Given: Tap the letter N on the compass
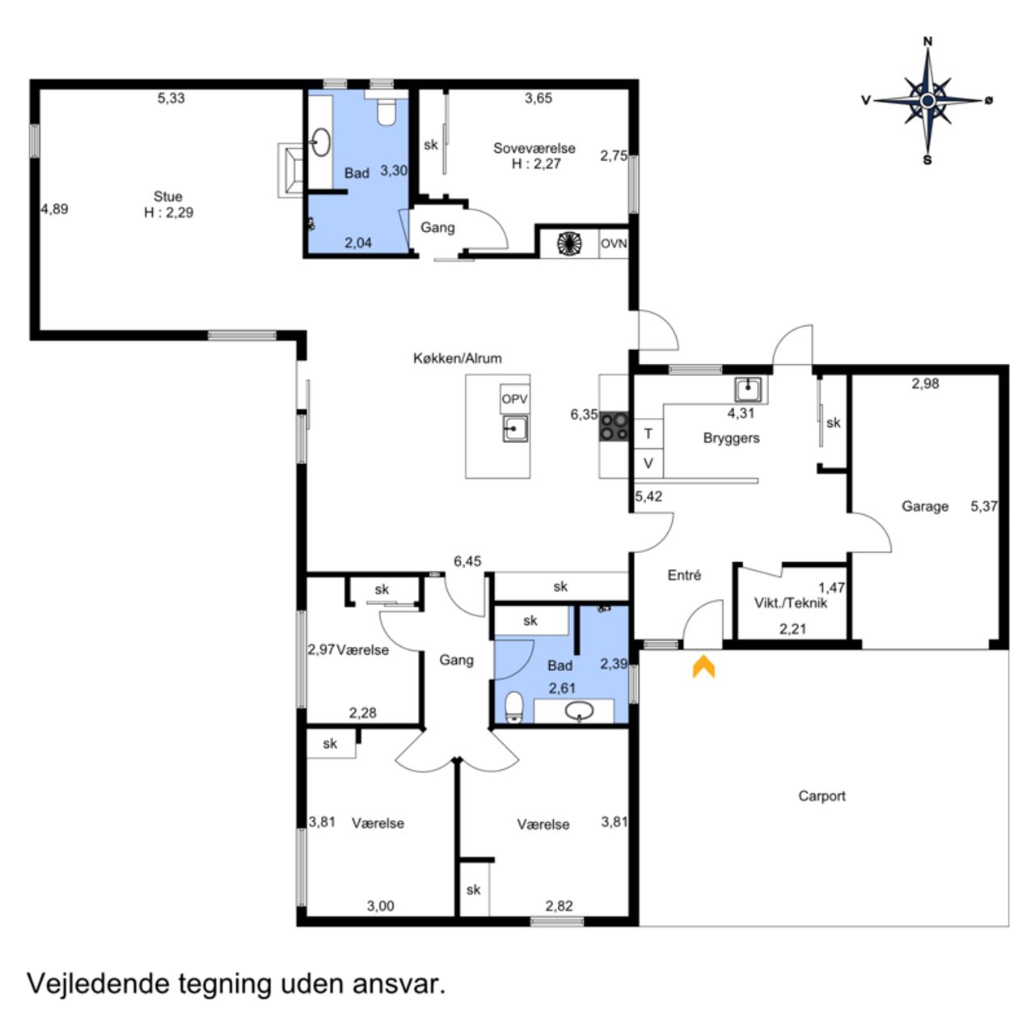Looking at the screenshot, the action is pyautogui.click(x=927, y=41).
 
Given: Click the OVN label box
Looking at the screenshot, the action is pyautogui.click(x=614, y=243).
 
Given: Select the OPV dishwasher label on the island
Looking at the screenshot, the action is pyautogui.click(x=514, y=399).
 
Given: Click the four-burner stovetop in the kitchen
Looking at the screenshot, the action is pyautogui.click(x=614, y=426).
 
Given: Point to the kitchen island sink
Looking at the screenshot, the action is pyautogui.click(x=515, y=429).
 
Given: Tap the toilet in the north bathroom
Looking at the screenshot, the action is pyautogui.click(x=386, y=111).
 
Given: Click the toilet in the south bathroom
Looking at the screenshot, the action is pyautogui.click(x=514, y=708).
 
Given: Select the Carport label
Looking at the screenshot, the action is pyautogui.click(x=822, y=796).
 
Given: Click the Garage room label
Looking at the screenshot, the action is pyautogui.click(x=924, y=506).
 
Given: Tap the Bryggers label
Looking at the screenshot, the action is pyautogui.click(x=731, y=438).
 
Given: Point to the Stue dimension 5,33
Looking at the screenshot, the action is pyautogui.click(x=171, y=98).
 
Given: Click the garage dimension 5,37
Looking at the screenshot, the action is pyautogui.click(x=983, y=506).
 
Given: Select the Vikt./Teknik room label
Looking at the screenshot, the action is pyautogui.click(x=791, y=603).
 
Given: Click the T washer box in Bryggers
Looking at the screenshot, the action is pyautogui.click(x=648, y=433).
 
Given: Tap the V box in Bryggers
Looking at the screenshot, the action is pyautogui.click(x=648, y=463).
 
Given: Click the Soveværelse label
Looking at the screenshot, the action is pyautogui.click(x=534, y=148).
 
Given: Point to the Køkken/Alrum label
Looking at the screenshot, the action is pyautogui.click(x=457, y=358).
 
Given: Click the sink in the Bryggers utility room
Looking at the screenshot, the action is pyautogui.click(x=747, y=390).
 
